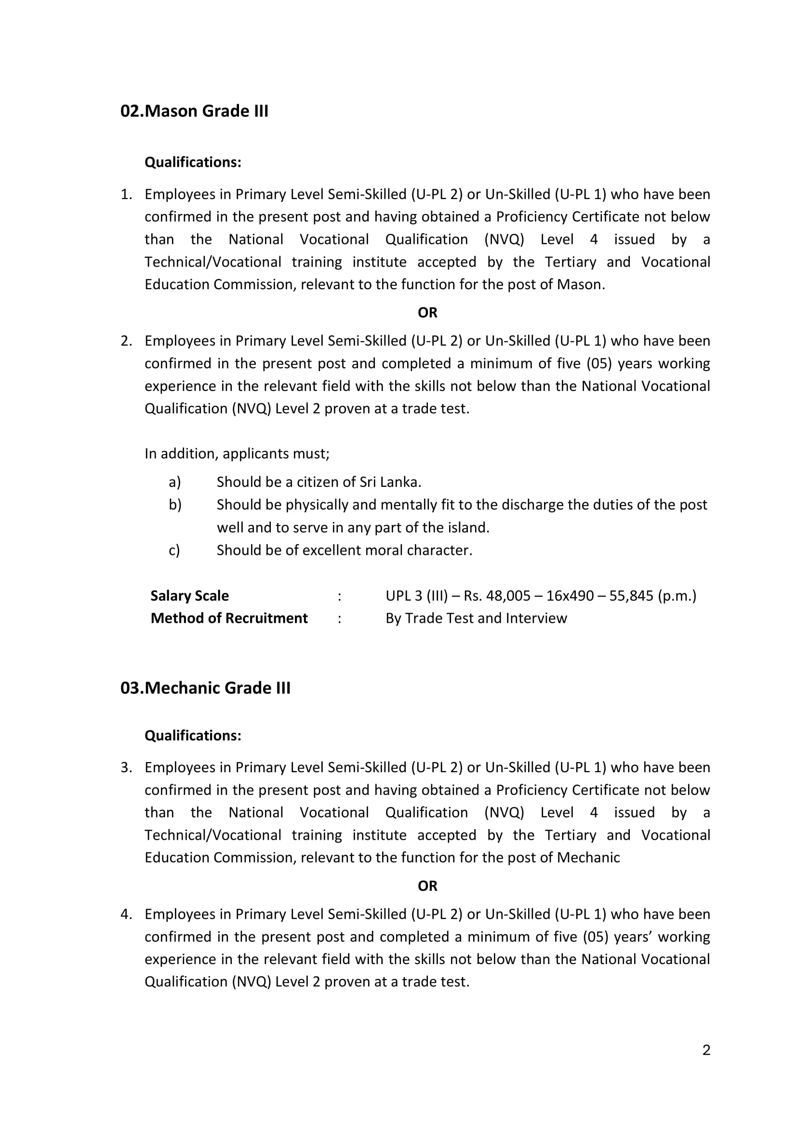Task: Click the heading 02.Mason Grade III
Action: [194, 111]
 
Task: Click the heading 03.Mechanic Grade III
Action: [205, 688]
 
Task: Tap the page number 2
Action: [706, 1050]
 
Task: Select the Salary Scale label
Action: [189, 595]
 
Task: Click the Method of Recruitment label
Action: [229, 618]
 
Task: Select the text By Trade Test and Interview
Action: [476, 618]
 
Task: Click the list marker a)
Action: [175, 482]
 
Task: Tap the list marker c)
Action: [174, 550]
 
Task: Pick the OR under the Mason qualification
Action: [427, 313]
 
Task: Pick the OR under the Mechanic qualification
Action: [427, 886]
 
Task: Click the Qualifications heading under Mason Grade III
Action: [193, 162]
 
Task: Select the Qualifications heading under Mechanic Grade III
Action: [193, 736]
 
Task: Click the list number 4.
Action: [126, 914]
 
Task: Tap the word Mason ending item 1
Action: [579, 285]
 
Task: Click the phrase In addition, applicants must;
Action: [237, 454]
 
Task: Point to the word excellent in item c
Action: [332, 550]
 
